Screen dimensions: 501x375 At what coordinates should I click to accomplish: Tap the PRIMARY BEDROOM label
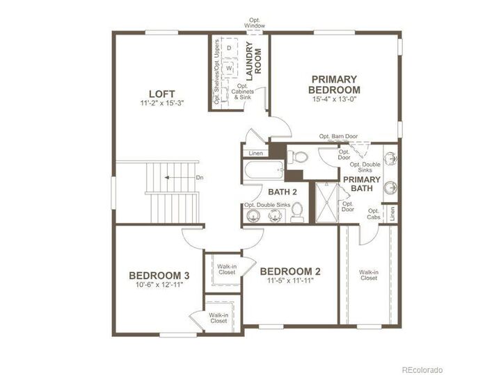pyautogui.click(x=334, y=85)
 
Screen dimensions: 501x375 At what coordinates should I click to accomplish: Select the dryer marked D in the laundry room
pyautogui.click(x=229, y=48)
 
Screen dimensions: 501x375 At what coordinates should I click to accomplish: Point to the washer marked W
pyautogui.click(x=229, y=68)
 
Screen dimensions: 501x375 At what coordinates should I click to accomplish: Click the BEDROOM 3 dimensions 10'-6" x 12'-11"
pyautogui.click(x=159, y=285)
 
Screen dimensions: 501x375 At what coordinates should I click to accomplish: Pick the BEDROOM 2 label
pyautogui.click(x=290, y=272)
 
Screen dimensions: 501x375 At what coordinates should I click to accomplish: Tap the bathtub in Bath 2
pyautogui.click(x=264, y=169)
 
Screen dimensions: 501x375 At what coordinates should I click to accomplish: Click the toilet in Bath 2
pyautogui.click(x=297, y=212)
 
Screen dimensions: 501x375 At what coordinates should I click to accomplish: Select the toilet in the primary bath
pyautogui.click(x=298, y=157)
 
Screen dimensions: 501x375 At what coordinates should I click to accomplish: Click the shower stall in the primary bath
pyautogui.click(x=326, y=202)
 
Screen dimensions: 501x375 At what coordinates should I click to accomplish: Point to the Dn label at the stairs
pyautogui.click(x=200, y=178)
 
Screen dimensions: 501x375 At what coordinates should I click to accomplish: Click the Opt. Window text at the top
pyautogui.click(x=255, y=23)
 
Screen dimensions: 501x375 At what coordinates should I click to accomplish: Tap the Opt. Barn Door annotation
pyautogui.click(x=338, y=136)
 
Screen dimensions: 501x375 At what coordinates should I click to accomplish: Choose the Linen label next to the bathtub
pyautogui.click(x=255, y=153)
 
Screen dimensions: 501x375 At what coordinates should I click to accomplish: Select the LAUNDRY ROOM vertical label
pyautogui.click(x=253, y=61)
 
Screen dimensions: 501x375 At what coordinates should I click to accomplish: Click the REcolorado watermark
pyautogui.click(x=422, y=369)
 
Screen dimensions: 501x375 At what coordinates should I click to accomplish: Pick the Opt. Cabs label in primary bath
pyautogui.click(x=374, y=214)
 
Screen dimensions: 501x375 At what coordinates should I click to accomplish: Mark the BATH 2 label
pyautogui.click(x=283, y=192)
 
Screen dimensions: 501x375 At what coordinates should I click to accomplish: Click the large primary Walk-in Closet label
pyautogui.click(x=369, y=275)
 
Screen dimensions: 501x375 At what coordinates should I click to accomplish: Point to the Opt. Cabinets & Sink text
pyautogui.click(x=243, y=92)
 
